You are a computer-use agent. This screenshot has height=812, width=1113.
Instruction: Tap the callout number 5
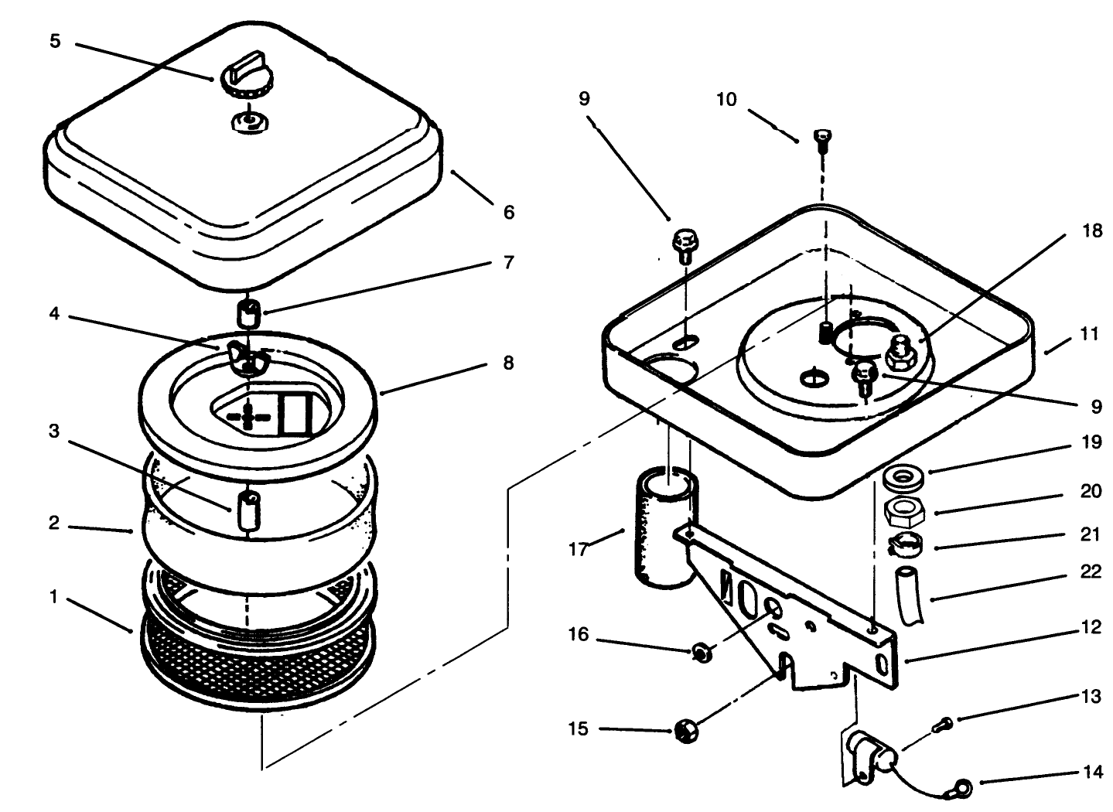point(55,41)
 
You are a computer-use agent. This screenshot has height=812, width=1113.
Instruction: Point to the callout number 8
point(507,363)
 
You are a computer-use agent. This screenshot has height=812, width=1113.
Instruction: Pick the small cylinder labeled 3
point(249,510)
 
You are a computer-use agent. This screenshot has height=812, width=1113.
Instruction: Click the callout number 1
point(53,598)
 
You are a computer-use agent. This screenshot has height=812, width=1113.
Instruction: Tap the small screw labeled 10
point(821,139)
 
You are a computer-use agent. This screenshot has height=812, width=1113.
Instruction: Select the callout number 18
point(1091,231)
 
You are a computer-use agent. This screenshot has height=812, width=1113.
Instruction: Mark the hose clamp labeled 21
point(903,544)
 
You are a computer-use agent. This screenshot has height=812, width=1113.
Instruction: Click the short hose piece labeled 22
point(910,594)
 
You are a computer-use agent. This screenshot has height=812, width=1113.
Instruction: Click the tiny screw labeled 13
point(943,724)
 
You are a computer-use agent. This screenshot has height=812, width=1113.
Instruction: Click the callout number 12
point(1091,627)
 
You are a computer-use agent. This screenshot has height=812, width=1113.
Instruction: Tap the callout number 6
point(508,212)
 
